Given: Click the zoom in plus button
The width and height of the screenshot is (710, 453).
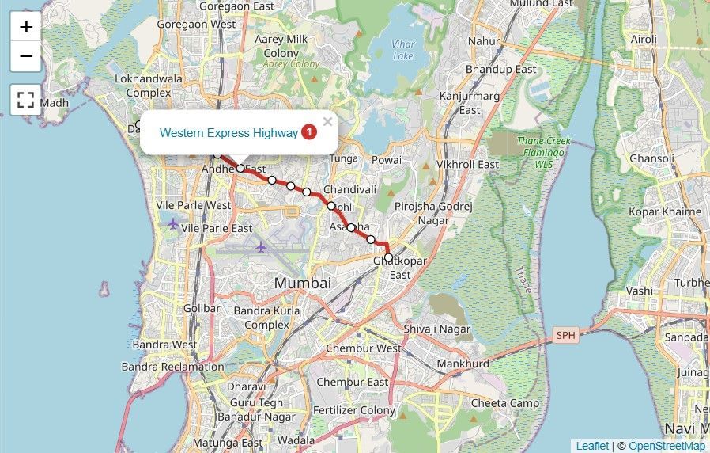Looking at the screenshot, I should [26, 26].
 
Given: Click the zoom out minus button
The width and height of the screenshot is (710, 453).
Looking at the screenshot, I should [26, 56].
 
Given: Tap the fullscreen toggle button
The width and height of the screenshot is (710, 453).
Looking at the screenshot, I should [26, 100].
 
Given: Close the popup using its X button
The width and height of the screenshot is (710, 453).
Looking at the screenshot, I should [327, 122].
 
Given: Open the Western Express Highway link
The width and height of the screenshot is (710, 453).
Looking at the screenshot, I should [228, 133].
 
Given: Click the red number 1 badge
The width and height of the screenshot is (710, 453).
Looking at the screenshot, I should [309, 132].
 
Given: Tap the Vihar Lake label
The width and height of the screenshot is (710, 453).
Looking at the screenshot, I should [403, 49].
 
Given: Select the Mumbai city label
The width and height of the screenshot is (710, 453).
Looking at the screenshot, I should [303, 283].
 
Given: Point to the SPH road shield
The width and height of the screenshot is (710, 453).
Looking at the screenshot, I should [565, 335].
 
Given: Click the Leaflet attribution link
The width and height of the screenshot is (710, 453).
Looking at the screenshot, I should [592, 446].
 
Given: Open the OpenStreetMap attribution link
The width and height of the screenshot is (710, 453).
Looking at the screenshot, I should [667, 446].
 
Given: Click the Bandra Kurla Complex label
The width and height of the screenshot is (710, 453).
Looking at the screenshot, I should [266, 318].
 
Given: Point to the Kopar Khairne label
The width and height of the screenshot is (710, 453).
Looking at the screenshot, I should [665, 211].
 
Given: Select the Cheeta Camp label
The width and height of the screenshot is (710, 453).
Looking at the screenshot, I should [505, 402].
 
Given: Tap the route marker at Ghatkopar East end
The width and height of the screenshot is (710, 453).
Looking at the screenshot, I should [388, 257].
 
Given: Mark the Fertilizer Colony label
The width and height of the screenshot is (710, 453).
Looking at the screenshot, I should [353, 410].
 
